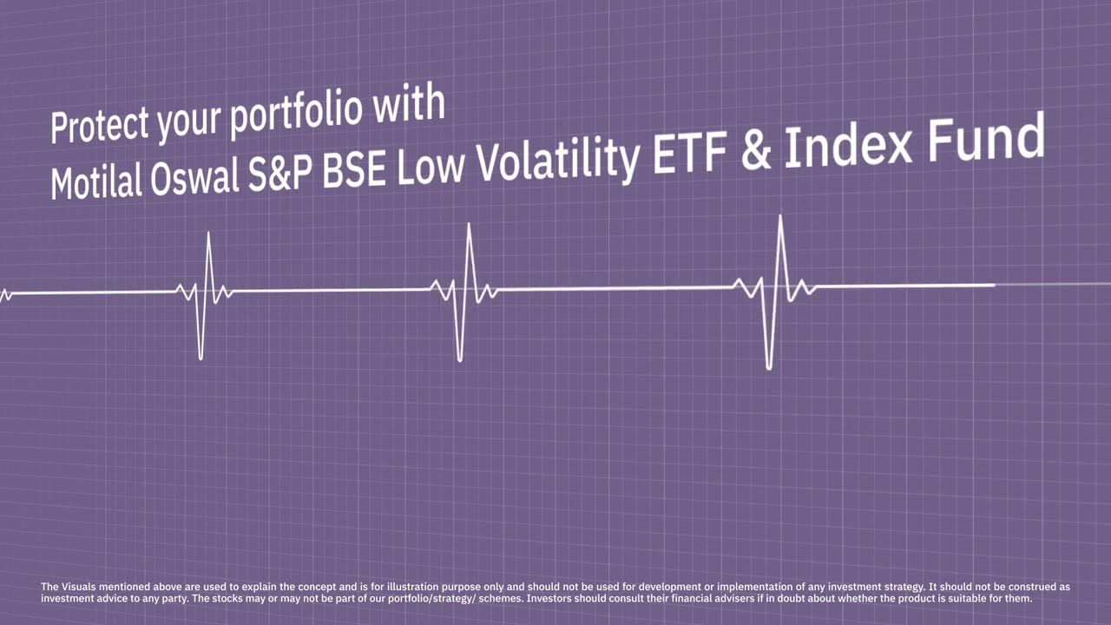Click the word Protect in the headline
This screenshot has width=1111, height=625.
(99, 126)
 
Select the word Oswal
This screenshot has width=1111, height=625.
(195, 176)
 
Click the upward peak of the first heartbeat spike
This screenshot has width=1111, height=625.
(208, 234)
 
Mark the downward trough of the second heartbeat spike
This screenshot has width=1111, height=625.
(460, 359)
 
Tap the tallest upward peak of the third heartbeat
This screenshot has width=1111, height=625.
(780, 217)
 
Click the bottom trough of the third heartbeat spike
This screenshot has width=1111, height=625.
(769, 367)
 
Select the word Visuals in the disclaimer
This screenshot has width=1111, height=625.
(78, 587)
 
